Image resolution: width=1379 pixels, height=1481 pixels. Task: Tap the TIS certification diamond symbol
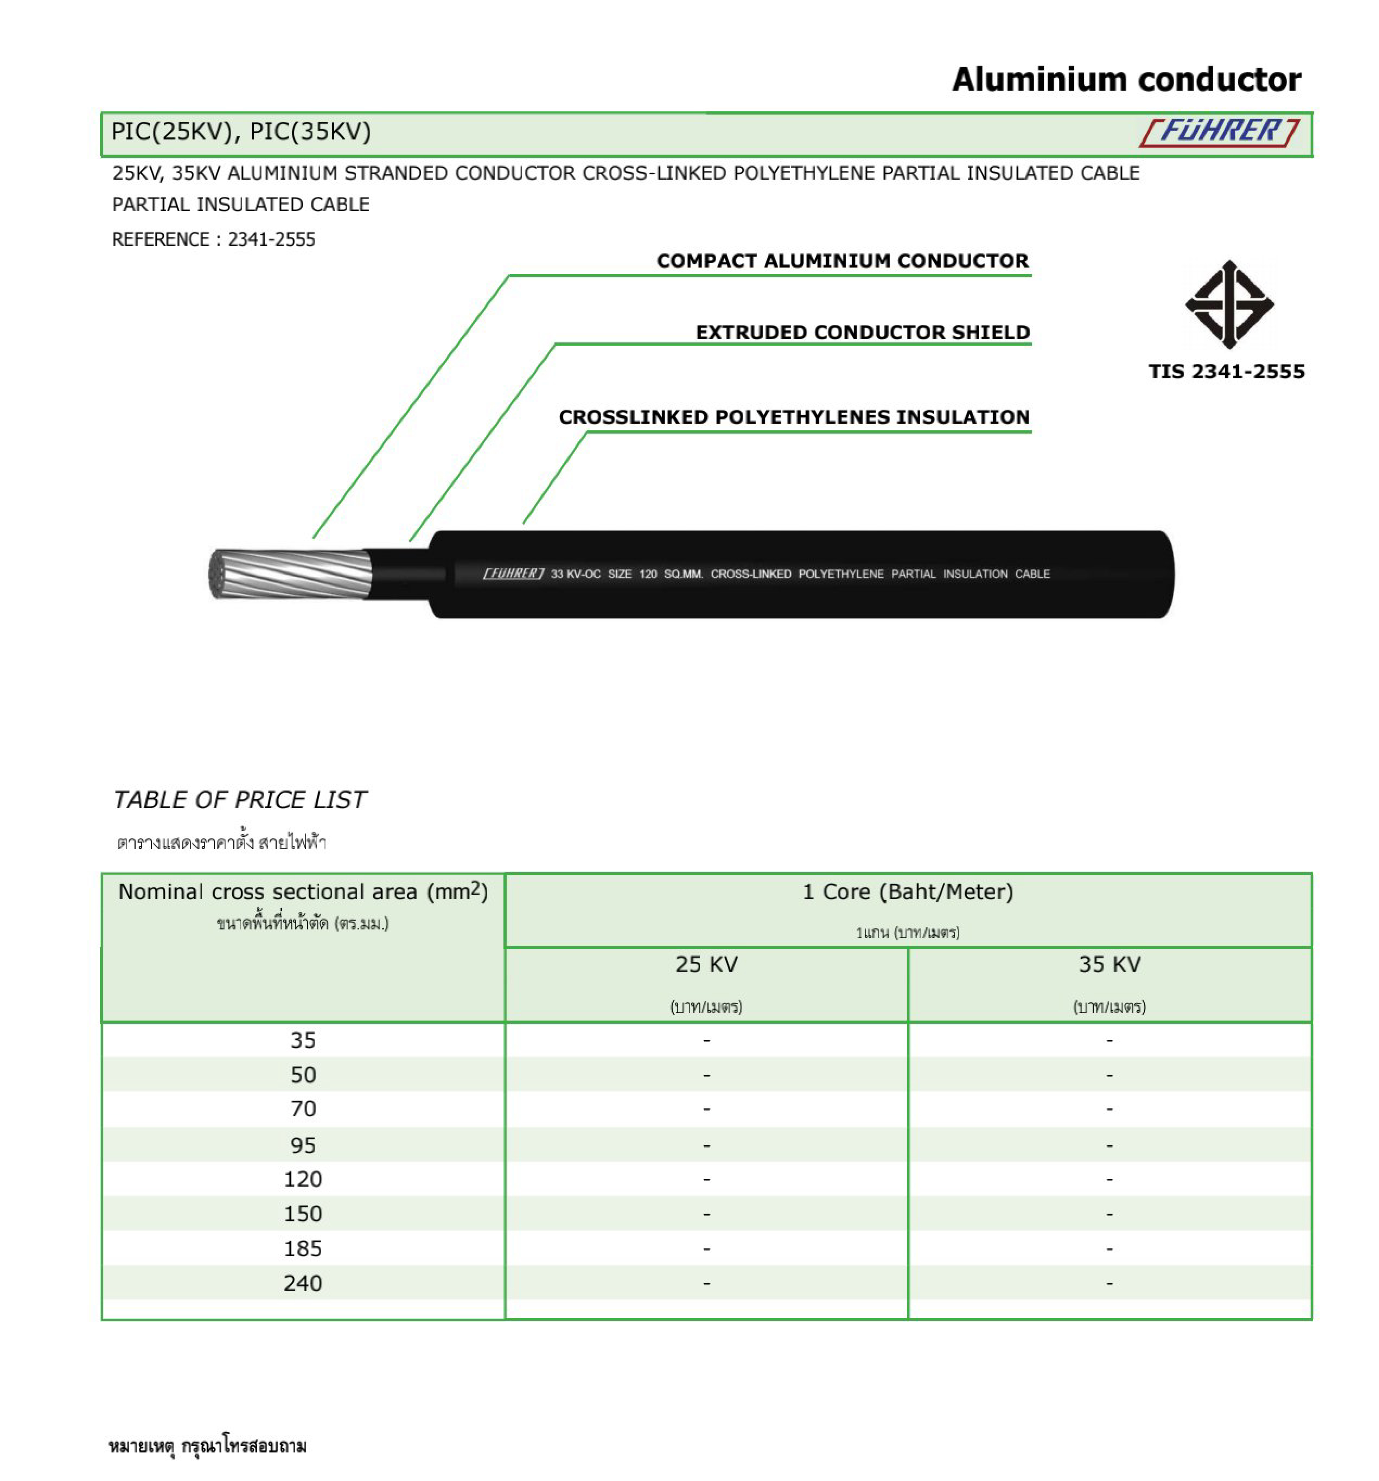click(1228, 304)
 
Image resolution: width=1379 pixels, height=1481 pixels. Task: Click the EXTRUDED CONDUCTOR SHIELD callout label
click(862, 332)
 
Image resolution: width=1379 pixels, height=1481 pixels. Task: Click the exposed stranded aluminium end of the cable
click(290, 574)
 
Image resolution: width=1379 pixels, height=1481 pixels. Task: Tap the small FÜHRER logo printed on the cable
click(513, 574)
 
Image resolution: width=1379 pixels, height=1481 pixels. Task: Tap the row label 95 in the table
click(302, 1145)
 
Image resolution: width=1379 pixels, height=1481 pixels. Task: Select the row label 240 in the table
click(302, 1283)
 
